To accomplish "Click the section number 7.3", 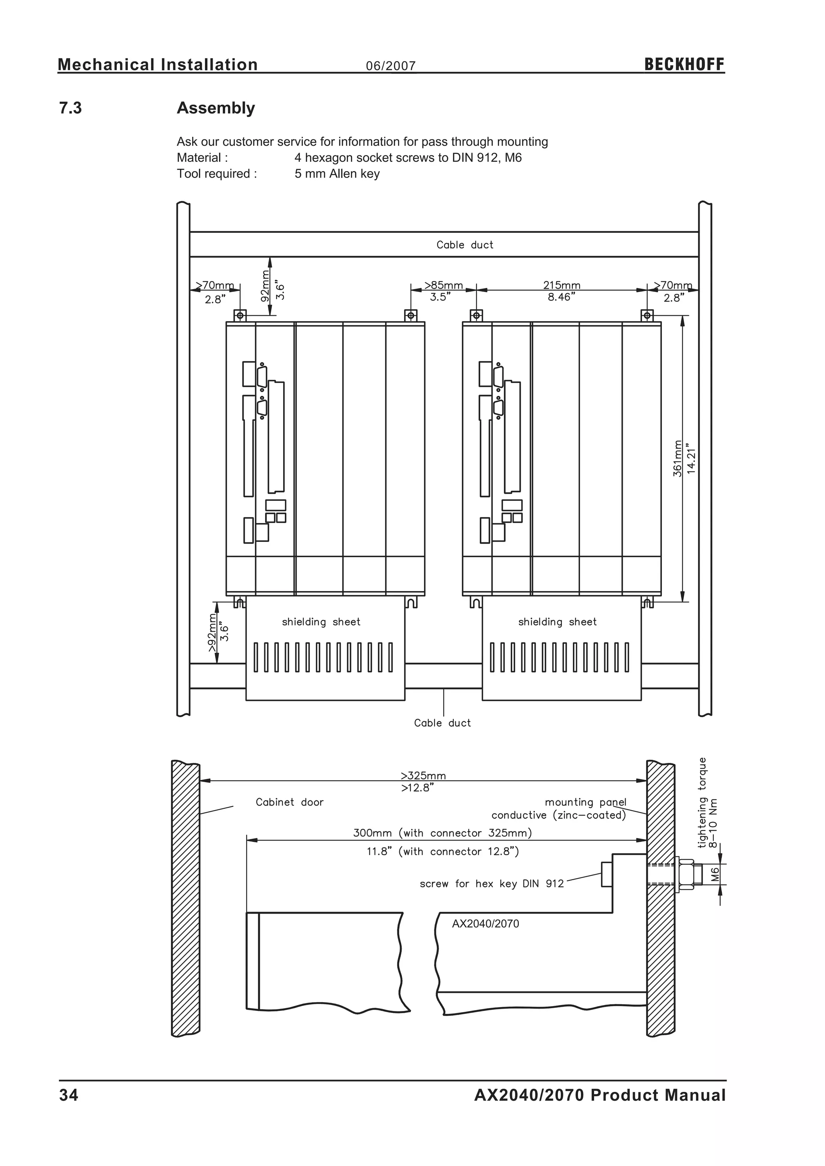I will point(70,108).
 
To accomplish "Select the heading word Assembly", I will point(216,108).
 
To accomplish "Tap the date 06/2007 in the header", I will point(391,66).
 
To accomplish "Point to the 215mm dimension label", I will point(561,285).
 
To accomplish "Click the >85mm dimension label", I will point(444,285).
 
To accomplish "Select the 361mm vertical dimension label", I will point(677,458).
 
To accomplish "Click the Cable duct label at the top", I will point(465,245).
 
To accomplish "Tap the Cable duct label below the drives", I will point(442,723).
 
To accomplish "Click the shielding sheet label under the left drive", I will point(321,622).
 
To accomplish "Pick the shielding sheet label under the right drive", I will point(557,622).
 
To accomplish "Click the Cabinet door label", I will point(289,802).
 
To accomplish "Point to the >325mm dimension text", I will point(423,775).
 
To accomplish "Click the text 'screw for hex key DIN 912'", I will point(491,884).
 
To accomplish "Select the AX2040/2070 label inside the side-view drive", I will point(485,924).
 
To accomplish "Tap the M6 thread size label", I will point(715,874).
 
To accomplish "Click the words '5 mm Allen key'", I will point(337,174).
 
